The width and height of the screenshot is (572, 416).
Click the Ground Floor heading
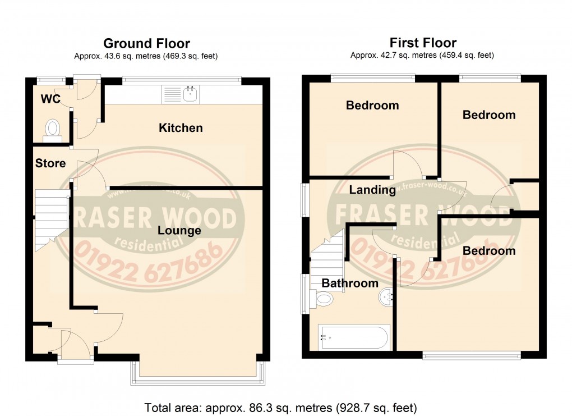(146, 43)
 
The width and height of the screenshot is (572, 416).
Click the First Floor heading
(423, 43)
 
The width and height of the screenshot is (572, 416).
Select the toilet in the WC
(53, 128)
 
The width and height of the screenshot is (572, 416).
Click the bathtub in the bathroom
(353, 338)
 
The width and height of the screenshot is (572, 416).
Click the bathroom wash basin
(386, 298)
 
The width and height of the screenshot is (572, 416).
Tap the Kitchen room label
(181, 128)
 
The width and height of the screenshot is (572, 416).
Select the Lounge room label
(179, 230)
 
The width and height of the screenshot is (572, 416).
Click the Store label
(50, 163)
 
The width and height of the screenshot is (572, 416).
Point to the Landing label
(372, 190)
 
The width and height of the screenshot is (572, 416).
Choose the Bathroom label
(350, 283)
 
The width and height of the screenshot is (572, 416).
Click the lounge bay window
(197, 380)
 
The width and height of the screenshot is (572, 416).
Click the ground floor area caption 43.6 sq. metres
(146, 56)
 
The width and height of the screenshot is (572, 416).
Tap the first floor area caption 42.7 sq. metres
(422, 56)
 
